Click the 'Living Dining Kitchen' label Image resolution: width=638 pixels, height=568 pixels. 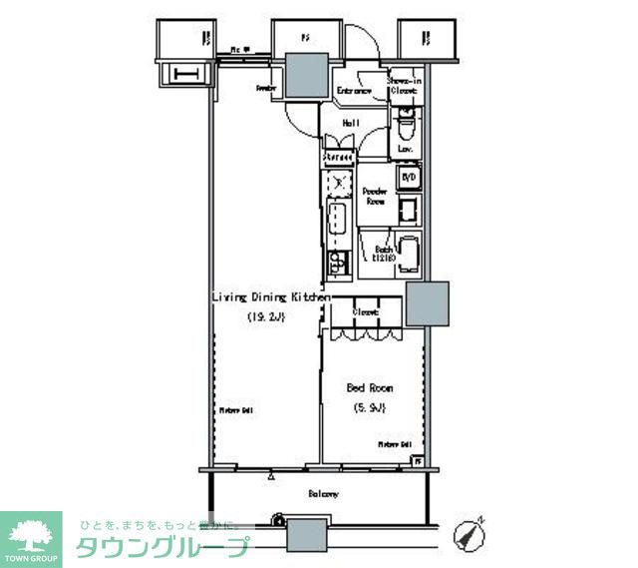point(269,296)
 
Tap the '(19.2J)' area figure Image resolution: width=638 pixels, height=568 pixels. point(266,318)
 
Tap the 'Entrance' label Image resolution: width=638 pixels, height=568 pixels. point(354,91)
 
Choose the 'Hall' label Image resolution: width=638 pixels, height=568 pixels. point(351,123)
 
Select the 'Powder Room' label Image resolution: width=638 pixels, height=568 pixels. point(375,196)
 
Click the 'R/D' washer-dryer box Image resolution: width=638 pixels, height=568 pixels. point(408,178)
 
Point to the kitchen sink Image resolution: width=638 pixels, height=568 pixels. point(337,222)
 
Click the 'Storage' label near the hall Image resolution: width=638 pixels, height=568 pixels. point(339,158)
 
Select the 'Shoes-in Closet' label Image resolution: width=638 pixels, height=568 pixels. point(404,85)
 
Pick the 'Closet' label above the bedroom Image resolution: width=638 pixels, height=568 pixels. point(365,312)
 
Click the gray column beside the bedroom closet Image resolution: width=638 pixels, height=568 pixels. point(427,304)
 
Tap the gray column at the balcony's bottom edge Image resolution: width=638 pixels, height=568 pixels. point(307,536)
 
